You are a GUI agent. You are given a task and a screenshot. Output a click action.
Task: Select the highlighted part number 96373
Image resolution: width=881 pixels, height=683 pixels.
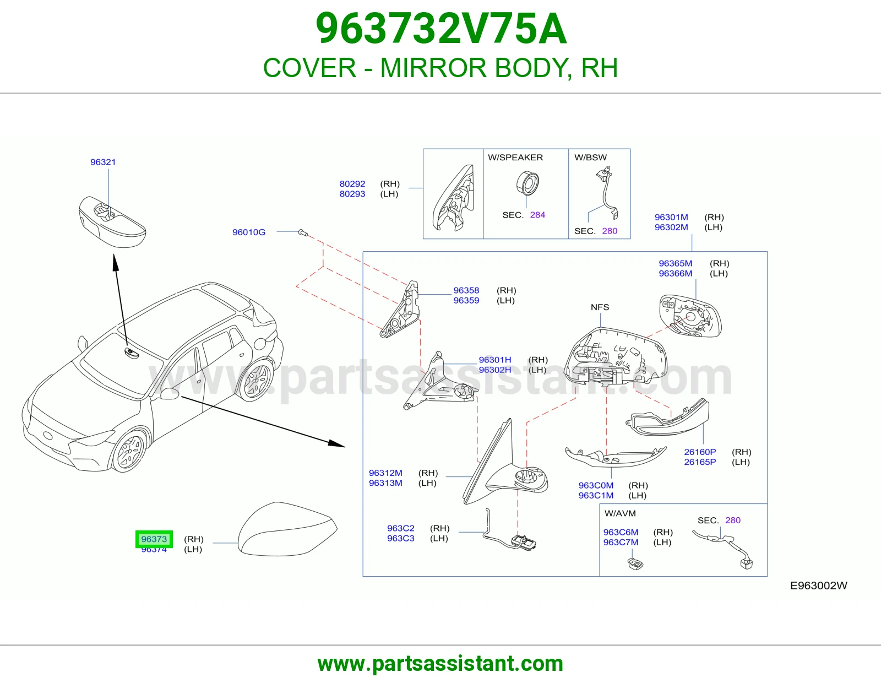pyautogui.click(x=154, y=539)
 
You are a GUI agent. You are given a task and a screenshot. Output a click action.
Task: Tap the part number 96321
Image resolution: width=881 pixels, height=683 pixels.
pyautogui.click(x=103, y=162)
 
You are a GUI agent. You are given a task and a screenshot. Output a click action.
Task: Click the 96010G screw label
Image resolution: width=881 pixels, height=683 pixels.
pyautogui.click(x=248, y=232)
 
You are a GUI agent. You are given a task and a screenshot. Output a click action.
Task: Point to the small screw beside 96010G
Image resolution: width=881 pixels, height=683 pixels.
pyautogui.click(x=303, y=232)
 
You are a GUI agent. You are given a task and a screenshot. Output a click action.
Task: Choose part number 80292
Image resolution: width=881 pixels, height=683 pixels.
pyautogui.click(x=352, y=184)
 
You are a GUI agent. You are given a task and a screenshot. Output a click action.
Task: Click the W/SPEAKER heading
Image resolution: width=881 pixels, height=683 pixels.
pyautogui.click(x=515, y=158)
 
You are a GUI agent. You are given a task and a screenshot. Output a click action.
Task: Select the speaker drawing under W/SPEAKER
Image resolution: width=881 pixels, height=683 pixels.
pyautogui.click(x=527, y=183)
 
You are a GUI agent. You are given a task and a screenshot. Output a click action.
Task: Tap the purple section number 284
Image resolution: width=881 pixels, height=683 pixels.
pyautogui.click(x=537, y=215)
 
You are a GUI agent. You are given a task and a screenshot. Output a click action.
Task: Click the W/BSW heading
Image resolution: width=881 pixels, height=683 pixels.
pyautogui.click(x=590, y=158)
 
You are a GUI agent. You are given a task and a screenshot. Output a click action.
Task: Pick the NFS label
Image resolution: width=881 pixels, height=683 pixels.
pyautogui.click(x=600, y=307)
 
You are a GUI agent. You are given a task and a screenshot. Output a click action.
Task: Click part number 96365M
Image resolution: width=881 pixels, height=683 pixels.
pyautogui.click(x=676, y=263)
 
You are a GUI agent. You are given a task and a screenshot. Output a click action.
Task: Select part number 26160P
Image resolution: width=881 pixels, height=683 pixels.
pyautogui.click(x=700, y=452)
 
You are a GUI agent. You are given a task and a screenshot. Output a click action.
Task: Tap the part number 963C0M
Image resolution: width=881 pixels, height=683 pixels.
pyautogui.click(x=596, y=485)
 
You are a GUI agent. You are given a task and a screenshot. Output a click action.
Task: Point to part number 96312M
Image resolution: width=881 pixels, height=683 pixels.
pyautogui.click(x=385, y=473)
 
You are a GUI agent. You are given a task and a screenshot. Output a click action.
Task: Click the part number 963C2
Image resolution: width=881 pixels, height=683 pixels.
pyautogui.click(x=400, y=528)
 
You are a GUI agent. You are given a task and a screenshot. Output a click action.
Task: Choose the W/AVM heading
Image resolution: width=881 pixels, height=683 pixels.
pyautogui.click(x=620, y=513)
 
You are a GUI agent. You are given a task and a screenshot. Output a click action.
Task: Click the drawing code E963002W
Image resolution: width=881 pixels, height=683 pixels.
pyautogui.click(x=819, y=586)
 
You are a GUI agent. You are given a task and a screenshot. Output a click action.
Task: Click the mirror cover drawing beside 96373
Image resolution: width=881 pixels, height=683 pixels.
pyautogui.click(x=287, y=529)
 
